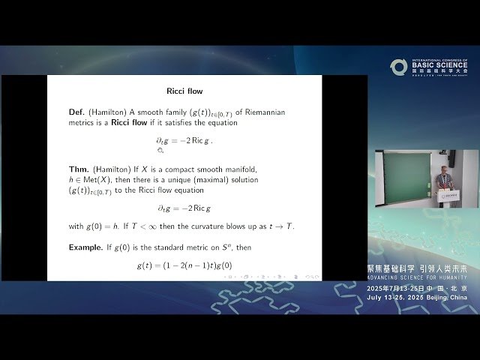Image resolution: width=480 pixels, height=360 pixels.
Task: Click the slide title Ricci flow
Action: tap(184, 91)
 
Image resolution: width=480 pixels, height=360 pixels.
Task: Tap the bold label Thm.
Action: tap(77, 169)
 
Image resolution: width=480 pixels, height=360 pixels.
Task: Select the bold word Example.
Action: tap(86, 247)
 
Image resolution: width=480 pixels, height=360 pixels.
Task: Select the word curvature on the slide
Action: tap(219, 226)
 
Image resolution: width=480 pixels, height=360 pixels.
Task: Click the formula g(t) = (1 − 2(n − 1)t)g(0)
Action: tap(184, 265)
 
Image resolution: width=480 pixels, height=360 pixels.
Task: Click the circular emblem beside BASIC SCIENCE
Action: tap(398, 67)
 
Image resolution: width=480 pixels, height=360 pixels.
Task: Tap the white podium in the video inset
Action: tap(451, 196)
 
